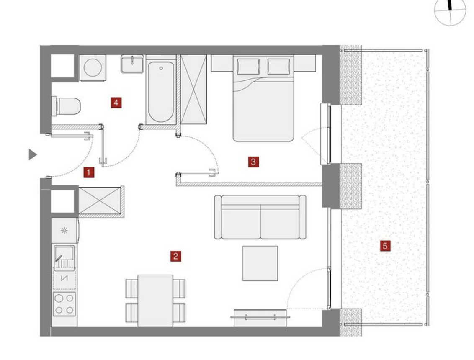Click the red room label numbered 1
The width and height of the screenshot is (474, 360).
click(x=89, y=172)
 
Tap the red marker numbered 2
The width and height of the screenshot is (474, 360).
click(x=175, y=256)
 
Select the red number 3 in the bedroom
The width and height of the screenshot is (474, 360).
click(x=253, y=162)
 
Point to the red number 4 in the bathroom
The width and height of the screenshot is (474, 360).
click(x=116, y=103)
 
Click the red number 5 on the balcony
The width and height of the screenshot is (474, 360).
click(x=385, y=246)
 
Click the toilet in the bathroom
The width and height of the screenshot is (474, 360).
click(x=66, y=106)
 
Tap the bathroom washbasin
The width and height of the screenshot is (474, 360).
click(x=132, y=64)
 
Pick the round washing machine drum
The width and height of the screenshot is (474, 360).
click(x=93, y=68)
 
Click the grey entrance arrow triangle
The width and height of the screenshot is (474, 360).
click(x=32, y=154)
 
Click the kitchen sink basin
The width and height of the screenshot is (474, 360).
click(x=64, y=253)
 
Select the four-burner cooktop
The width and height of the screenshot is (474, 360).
click(x=64, y=304)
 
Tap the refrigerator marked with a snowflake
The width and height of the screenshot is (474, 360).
click(x=64, y=231)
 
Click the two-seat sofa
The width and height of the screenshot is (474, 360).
click(x=260, y=217)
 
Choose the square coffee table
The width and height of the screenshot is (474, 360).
click(x=260, y=263)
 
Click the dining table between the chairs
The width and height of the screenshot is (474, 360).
click(x=155, y=301)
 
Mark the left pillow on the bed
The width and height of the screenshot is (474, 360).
click(x=248, y=67)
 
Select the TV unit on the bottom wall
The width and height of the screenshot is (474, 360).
click(x=260, y=318)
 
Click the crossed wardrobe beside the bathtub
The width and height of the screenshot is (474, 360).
click(x=193, y=90)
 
